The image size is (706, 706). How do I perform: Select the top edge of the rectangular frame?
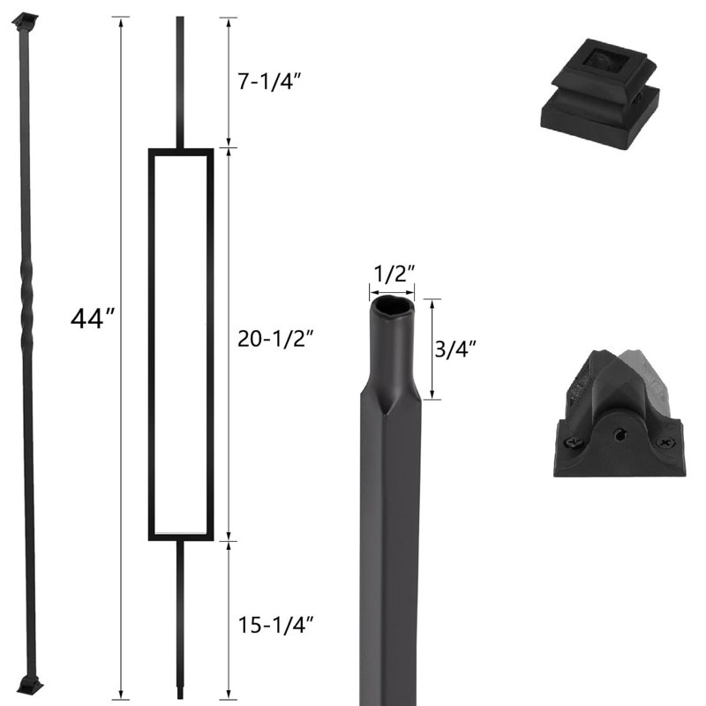pos(181,152)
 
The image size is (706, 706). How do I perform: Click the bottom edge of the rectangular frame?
pos(181,535)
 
